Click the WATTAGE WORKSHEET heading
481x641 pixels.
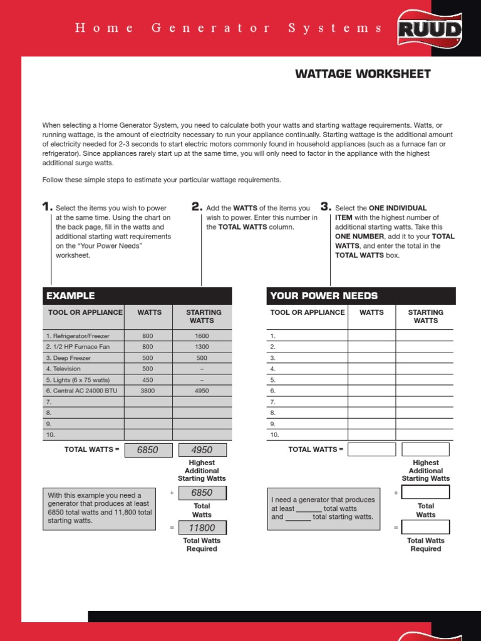pos(363,74)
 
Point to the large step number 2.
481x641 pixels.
pos(196,207)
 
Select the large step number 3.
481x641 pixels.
pos(325,207)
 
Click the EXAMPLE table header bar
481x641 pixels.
pos(137,295)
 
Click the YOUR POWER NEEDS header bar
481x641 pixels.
pos(361,295)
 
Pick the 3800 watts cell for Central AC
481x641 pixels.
pos(148,391)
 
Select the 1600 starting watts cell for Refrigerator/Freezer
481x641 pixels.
pos(202,336)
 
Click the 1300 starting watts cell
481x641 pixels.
pos(202,347)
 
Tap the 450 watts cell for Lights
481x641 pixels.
pos(148,380)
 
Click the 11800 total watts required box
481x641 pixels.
pos(202,528)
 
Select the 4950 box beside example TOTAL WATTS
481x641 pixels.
pos(202,449)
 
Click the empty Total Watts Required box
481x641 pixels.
pos(425,527)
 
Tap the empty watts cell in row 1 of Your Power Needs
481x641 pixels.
pos(371,336)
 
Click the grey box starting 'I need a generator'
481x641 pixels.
pos(323,508)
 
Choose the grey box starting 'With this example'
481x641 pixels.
pos(99,508)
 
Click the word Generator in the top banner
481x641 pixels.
pos(211,28)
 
